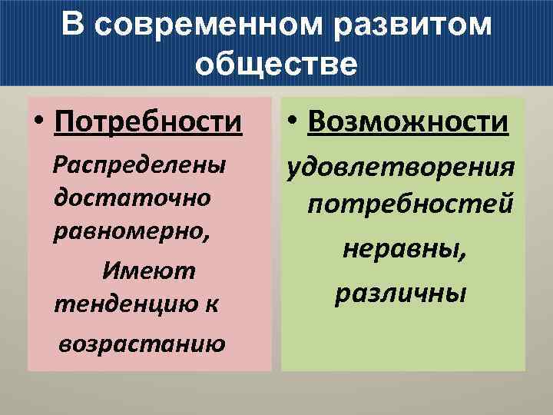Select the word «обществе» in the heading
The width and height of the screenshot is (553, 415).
[x=276, y=64]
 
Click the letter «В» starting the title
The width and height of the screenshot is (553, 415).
[x=75, y=25]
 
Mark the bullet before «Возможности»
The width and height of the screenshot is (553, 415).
[x=295, y=122]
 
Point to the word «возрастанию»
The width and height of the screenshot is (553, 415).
[x=141, y=342]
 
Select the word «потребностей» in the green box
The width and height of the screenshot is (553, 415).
[x=410, y=204]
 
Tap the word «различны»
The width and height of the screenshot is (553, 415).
[x=400, y=293]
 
